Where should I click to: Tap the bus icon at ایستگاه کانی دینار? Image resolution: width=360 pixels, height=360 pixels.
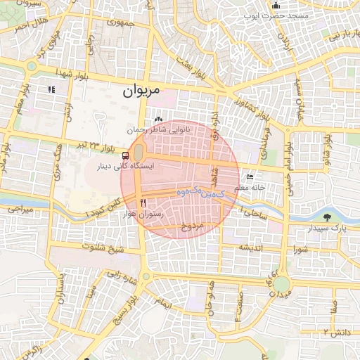125,155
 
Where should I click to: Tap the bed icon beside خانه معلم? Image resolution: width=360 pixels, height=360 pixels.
250,176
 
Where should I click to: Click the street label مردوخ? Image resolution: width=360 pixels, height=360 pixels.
191,226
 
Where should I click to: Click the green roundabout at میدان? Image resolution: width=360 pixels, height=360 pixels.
281,284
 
